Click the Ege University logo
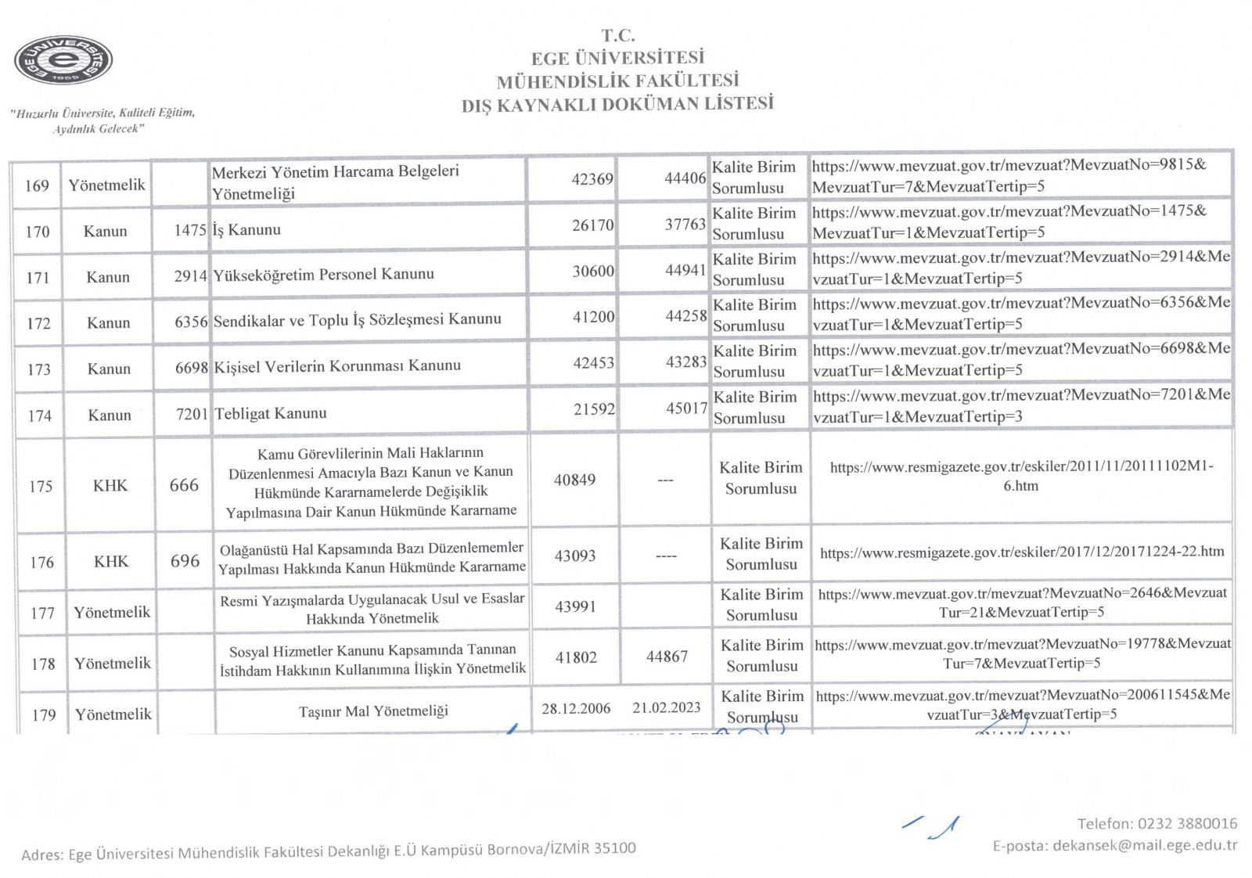(x=63, y=60)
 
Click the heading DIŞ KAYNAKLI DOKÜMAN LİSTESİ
(x=617, y=103)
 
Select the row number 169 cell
(x=37, y=185)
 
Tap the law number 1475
(x=190, y=230)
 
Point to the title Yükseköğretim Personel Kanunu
(x=323, y=274)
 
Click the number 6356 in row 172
(x=191, y=322)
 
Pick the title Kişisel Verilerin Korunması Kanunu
(x=337, y=365)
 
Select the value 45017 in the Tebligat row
(x=686, y=408)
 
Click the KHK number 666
(x=184, y=485)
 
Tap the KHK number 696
(x=185, y=561)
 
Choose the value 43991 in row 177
(x=575, y=606)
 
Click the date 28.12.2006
(x=576, y=708)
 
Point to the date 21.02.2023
(x=667, y=707)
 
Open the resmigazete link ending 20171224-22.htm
(x=1022, y=552)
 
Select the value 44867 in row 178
(x=667, y=657)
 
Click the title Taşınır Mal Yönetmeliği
(x=373, y=711)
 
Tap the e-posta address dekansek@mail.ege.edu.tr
(x=1145, y=845)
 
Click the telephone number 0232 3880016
(x=1187, y=823)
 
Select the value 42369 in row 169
(x=592, y=178)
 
